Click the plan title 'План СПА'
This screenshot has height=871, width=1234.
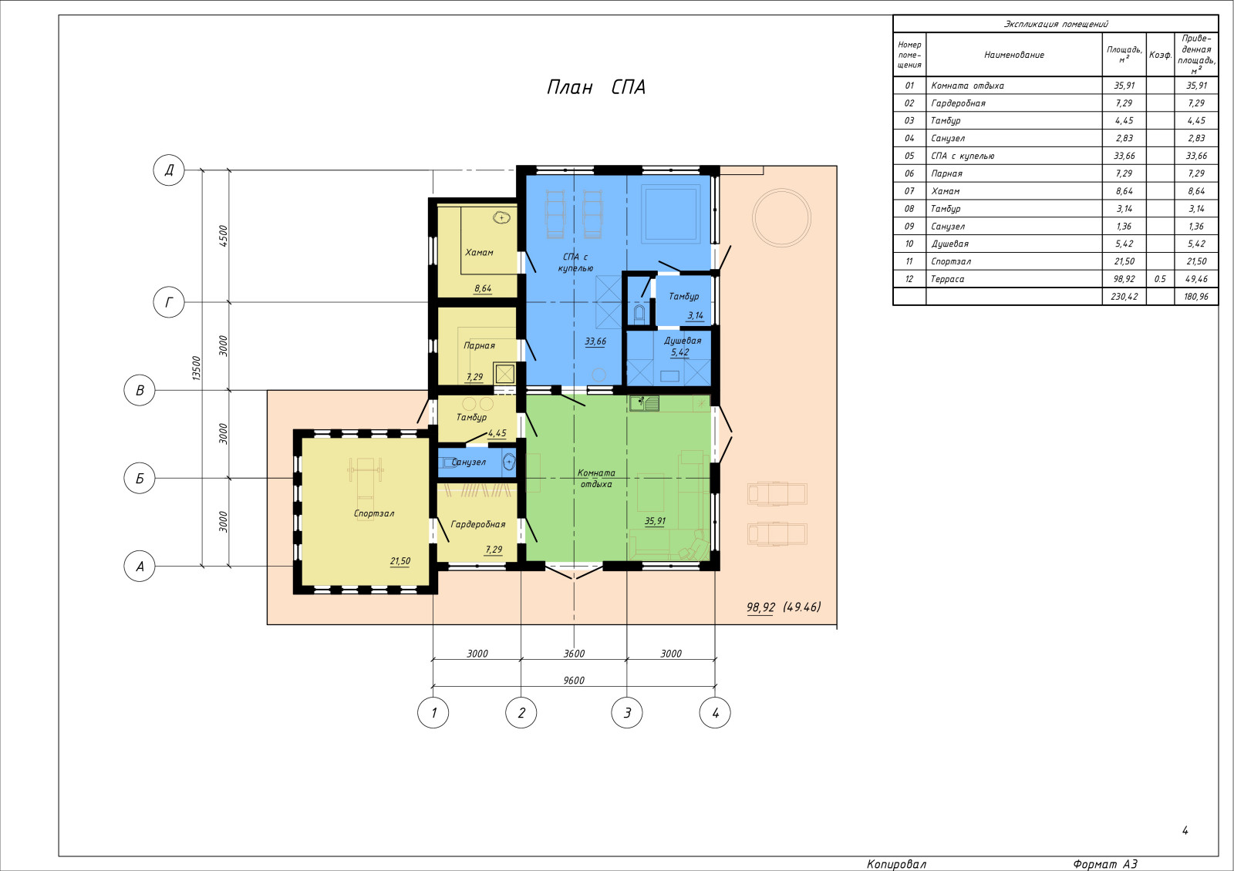(x=596, y=87)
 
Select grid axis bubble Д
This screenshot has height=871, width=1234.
(x=169, y=170)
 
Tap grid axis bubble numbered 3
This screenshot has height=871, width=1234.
(x=627, y=713)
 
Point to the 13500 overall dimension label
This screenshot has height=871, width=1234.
(x=196, y=368)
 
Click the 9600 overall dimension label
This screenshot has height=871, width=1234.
(x=574, y=681)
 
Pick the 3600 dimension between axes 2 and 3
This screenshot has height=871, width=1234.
(x=574, y=654)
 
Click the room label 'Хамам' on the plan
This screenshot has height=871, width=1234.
(x=479, y=253)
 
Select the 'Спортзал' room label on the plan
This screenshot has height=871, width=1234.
(x=373, y=513)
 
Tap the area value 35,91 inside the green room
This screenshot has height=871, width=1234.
(x=655, y=521)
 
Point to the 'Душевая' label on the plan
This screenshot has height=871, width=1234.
(x=683, y=340)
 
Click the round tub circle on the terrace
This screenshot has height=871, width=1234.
(x=781, y=217)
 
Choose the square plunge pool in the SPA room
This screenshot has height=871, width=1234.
(x=670, y=214)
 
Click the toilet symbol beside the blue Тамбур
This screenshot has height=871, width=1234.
(x=639, y=314)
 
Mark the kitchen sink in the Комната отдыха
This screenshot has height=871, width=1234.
(x=644, y=404)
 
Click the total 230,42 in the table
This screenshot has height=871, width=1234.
(x=1124, y=297)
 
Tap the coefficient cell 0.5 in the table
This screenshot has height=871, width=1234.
(x=1160, y=279)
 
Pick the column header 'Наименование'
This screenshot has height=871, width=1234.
(x=1013, y=55)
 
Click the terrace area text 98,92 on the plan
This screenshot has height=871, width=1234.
(x=760, y=607)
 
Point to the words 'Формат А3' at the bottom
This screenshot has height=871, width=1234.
(x=1104, y=864)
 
